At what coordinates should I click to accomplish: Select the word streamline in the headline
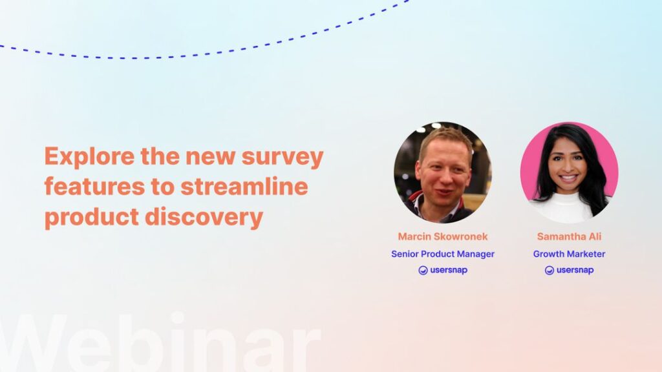(244, 187)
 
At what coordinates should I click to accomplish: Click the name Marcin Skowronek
(443, 237)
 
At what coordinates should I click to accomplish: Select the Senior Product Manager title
(443, 254)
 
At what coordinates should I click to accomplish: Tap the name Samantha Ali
(569, 237)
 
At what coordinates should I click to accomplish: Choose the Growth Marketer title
(569, 254)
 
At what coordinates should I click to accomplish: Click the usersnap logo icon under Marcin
(423, 271)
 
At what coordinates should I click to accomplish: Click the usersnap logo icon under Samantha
(550, 271)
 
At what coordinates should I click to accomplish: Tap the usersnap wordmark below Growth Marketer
(575, 271)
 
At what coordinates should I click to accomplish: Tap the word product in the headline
(92, 217)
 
